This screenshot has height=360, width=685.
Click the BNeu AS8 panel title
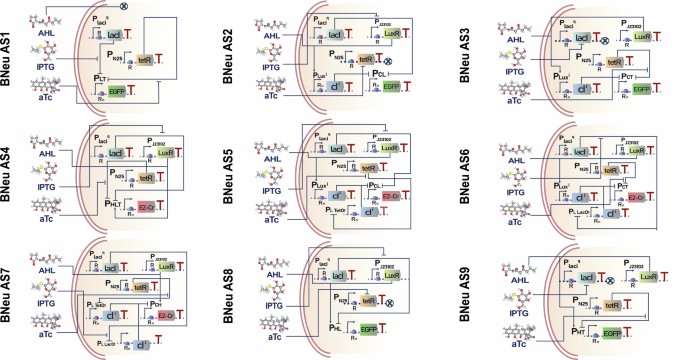coord(244,300)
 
